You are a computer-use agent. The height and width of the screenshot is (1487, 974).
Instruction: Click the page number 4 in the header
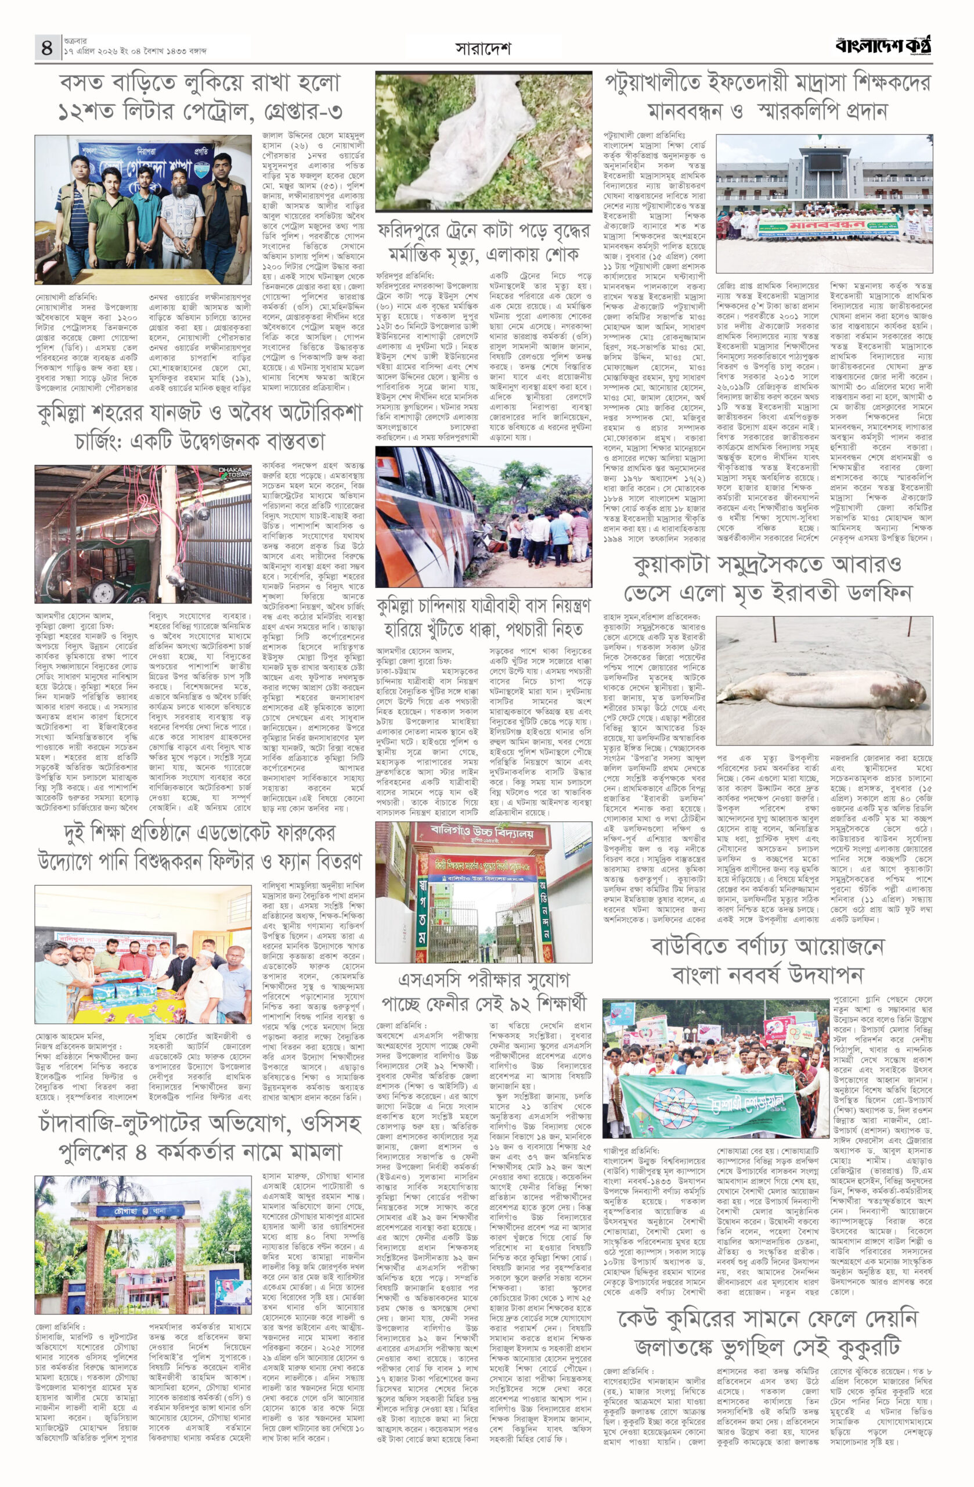(x=47, y=47)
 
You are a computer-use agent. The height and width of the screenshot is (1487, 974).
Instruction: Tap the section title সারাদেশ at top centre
(x=484, y=48)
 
